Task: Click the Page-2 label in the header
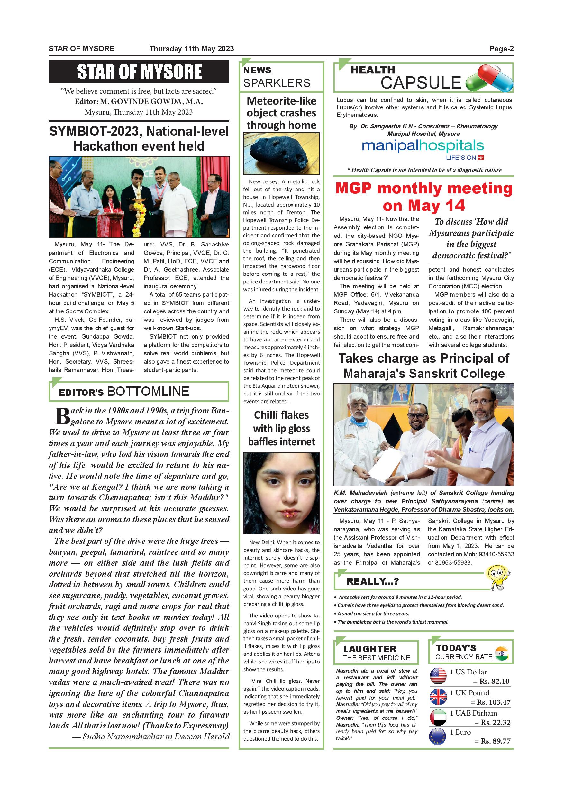pos(502,49)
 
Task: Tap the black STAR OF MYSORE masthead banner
pos(139,72)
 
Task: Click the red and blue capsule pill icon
pos(489,79)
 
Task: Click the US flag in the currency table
pos(438,677)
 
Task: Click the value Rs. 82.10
pos(495,682)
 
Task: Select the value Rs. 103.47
pos(494,702)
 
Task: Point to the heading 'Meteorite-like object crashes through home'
pos(281,113)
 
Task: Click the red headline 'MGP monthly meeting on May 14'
pos(424,197)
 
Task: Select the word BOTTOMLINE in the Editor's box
pos(148,391)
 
